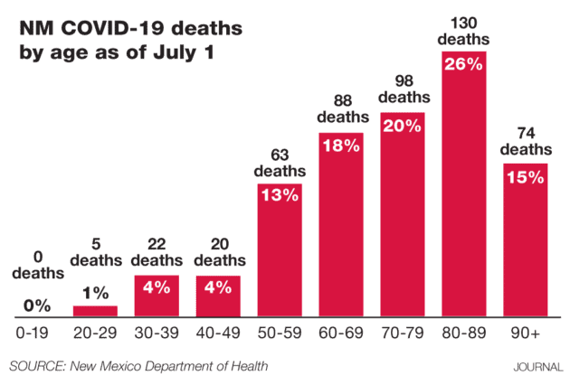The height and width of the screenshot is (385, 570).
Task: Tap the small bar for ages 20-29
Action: tap(95, 311)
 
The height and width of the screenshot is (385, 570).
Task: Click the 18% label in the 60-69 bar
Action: tap(340, 146)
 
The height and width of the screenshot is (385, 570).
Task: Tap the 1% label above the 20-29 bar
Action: tap(95, 293)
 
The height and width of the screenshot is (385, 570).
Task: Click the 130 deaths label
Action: tap(463, 32)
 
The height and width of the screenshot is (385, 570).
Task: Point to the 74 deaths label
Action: tap(525, 141)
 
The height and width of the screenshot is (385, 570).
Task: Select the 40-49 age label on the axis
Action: tap(218, 333)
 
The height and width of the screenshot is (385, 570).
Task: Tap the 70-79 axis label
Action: tap(402, 333)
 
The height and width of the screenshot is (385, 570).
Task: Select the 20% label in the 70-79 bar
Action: tap(402, 126)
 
